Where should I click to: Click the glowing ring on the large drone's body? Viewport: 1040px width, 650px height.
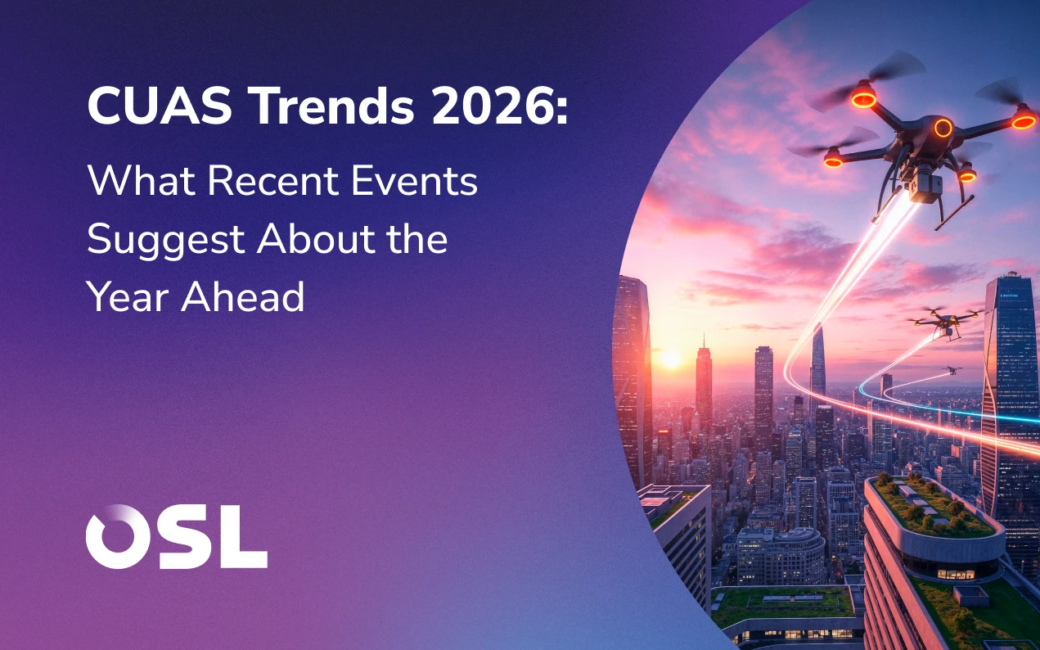click(x=943, y=128)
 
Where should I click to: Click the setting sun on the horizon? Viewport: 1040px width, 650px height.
click(x=669, y=358)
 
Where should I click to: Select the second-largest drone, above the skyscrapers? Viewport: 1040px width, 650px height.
click(x=944, y=321)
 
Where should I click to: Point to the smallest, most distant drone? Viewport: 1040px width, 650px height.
click(x=952, y=370)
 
